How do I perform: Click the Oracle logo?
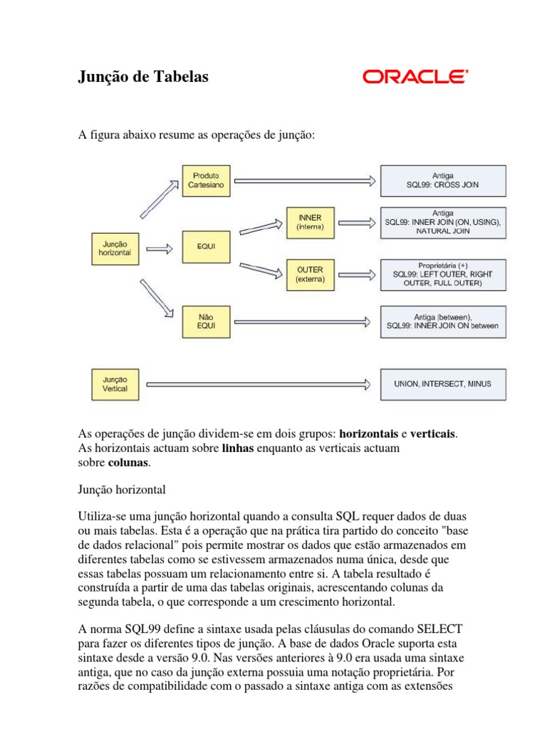[415, 77]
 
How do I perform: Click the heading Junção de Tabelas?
[143, 77]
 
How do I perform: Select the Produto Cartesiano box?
[204, 180]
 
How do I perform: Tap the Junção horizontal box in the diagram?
[115, 248]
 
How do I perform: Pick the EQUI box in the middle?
[204, 248]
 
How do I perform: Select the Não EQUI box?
[204, 321]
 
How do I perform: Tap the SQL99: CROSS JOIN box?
[442, 180]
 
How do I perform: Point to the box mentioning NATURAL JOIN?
[442, 221]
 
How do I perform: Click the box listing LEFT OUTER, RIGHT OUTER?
[442, 274]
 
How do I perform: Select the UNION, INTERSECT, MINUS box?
[442, 384]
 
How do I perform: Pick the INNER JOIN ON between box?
[442, 321]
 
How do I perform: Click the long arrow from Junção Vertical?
[257, 384]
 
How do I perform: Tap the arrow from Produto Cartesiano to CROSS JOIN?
[303, 181]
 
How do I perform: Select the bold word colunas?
[128, 463]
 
